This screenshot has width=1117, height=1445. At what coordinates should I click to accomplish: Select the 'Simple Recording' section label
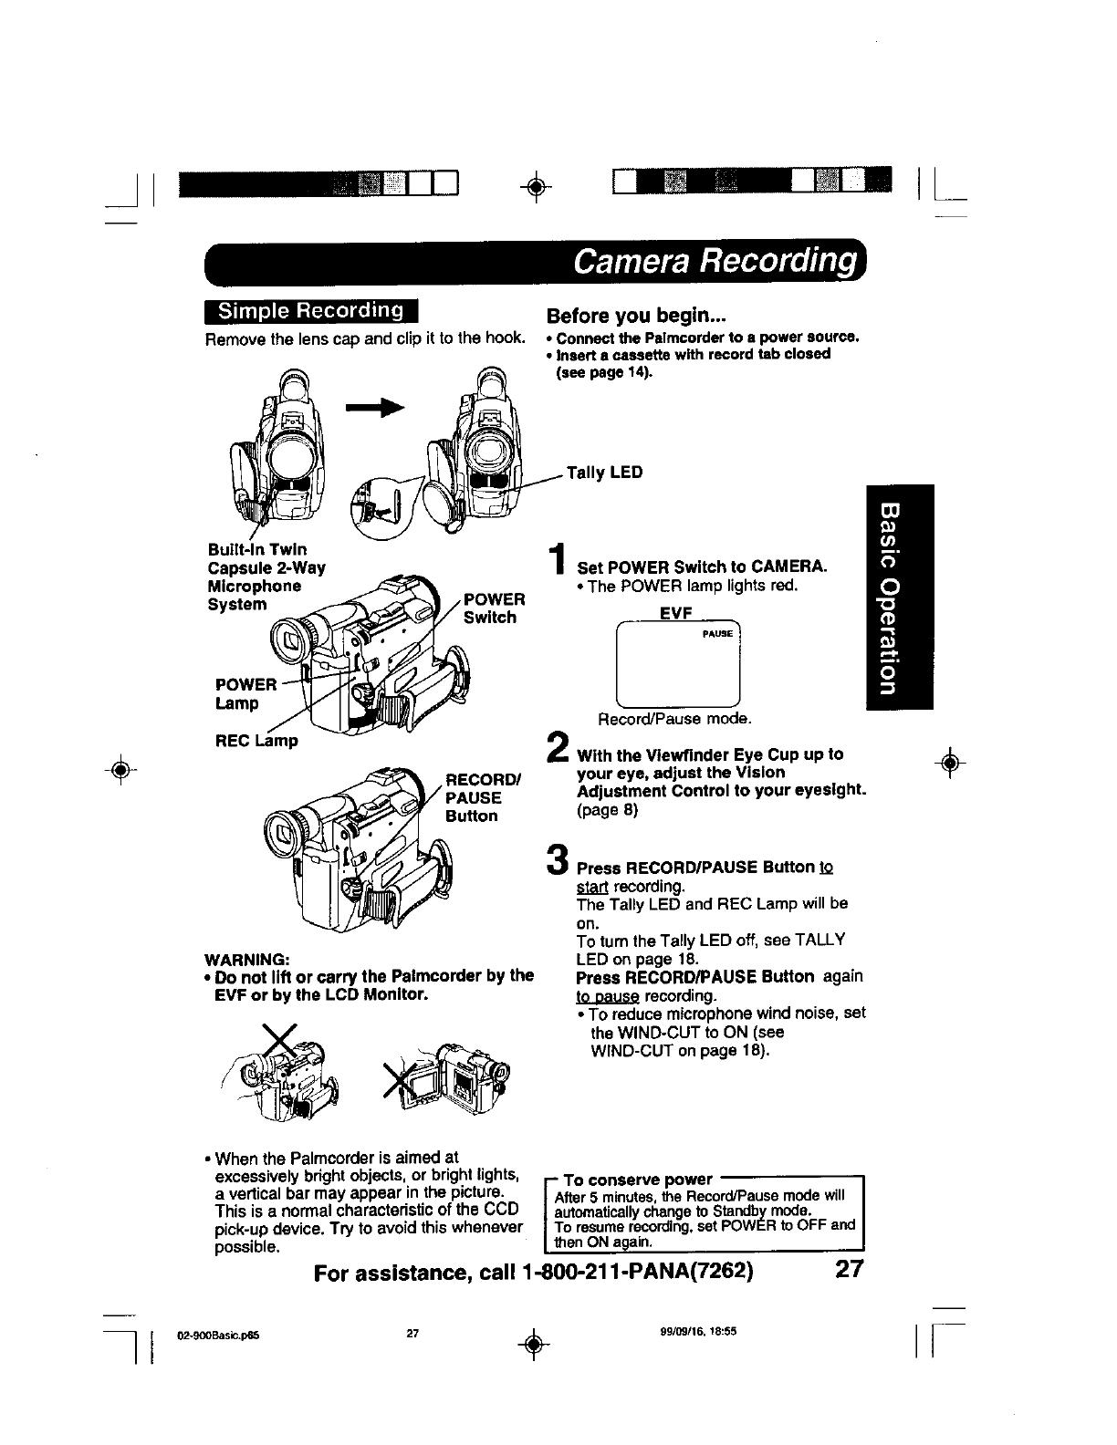click(x=310, y=311)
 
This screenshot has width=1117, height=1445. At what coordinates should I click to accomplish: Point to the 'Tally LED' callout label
click(x=604, y=473)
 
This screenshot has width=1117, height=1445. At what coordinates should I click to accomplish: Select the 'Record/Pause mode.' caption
click(x=674, y=719)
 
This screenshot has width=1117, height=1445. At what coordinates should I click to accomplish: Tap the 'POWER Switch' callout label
click(x=494, y=608)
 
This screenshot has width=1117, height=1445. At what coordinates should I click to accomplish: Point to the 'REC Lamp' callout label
click(x=257, y=741)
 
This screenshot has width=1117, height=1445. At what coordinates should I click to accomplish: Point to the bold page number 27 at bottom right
click(x=848, y=1270)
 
